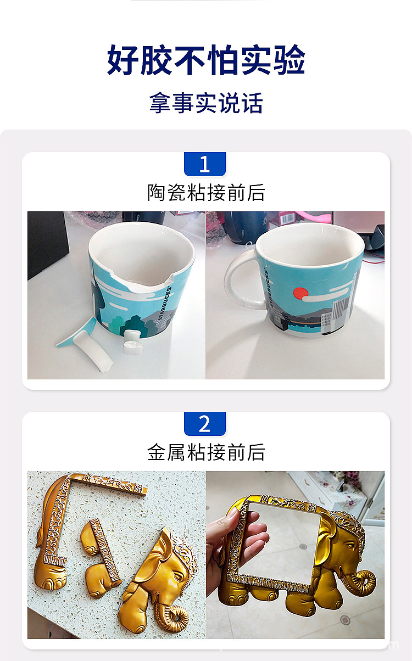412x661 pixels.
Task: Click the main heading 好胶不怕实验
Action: [x=206, y=60]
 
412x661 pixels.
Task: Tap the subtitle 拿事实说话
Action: [x=206, y=103]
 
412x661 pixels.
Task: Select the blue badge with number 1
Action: [x=205, y=164]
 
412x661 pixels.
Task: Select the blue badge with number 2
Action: [x=205, y=424]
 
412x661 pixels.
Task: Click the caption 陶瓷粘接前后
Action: [x=206, y=193]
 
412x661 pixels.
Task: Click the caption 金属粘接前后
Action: [x=206, y=452]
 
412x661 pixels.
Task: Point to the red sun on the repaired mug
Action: [x=299, y=293]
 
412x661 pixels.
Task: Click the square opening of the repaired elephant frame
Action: [x=281, y=541]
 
